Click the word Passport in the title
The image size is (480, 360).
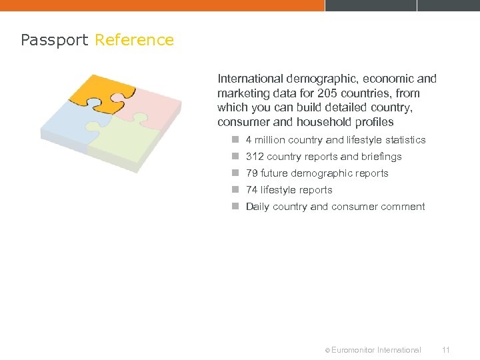tap(54, 41)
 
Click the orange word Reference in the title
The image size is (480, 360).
tap(134, 40)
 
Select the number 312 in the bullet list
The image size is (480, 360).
tap(255, 157)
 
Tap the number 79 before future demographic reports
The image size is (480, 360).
tap(252, 173)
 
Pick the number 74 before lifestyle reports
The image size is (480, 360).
tap(252, 190)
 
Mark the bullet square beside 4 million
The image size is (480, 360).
tap(235, 140)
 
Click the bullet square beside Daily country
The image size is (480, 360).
tap(235, 207)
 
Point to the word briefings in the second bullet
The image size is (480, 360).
tap(381, 157)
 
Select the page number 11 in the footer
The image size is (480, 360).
tap(447, 349)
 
